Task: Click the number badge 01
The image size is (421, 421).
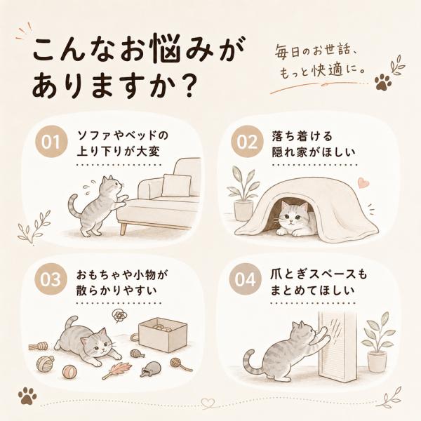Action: (x=51, y=141)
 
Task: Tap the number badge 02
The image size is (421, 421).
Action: (x=246, y=141)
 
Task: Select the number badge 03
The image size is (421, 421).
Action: (x=51, y=279)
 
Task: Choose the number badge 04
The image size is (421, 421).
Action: (x=245, y=279)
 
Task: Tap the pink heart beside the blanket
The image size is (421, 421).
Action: (x=363, y=183)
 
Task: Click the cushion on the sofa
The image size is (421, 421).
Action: (x=176, y=185)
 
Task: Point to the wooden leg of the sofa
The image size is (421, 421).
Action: (x=123, y=229)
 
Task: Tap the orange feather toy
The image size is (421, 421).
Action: (x=116, y=370)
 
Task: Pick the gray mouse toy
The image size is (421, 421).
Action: (x=151, y=368)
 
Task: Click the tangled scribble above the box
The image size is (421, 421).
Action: (x=120, y=314)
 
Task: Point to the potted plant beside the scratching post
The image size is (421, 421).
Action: (x=377, y=344)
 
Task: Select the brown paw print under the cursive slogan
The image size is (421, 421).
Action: (x=383, y=82)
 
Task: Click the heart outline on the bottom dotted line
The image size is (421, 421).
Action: (x=208, y=403)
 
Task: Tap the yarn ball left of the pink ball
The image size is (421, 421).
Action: (x=45, y=363)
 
